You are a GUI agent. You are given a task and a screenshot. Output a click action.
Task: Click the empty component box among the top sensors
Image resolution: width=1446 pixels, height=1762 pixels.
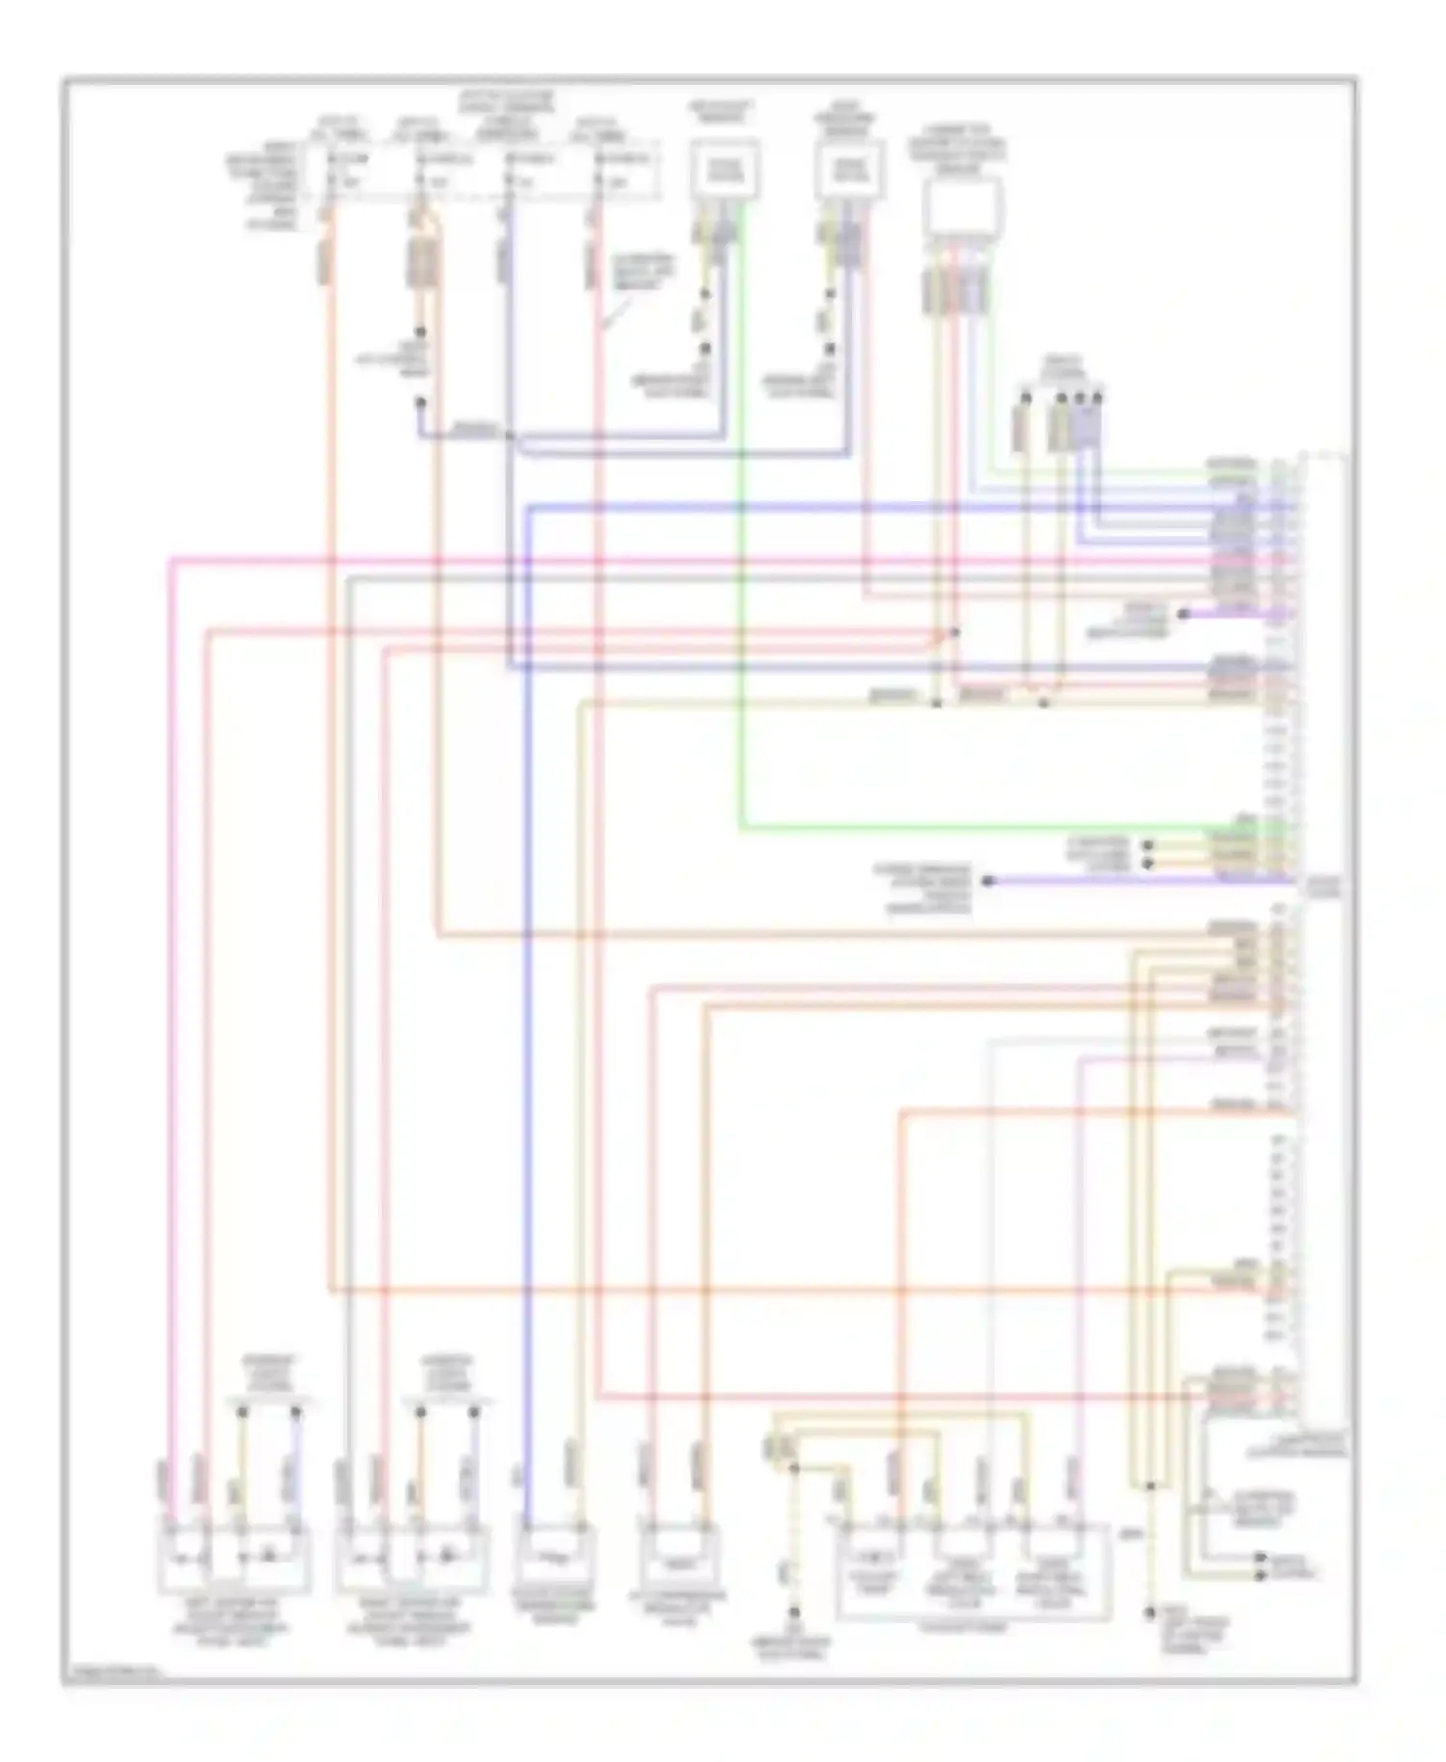(x=961, y=206)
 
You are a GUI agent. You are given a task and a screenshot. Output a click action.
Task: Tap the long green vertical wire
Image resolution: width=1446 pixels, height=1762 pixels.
(x=740, y=578)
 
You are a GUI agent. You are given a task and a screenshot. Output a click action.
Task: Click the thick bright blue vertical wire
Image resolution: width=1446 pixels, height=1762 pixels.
(x=527, y=964)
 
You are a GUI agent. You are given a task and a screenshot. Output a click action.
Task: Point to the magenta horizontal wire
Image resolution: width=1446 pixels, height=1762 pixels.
(x=675, y=558)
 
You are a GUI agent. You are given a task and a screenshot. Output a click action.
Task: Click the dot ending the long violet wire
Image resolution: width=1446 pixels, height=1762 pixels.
(x=987, y=880)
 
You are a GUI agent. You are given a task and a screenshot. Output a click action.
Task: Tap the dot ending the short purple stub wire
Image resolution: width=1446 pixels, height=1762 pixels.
(x=1184, y=614)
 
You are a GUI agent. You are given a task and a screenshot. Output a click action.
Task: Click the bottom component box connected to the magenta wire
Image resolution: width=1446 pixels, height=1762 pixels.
(x=233, y=1558)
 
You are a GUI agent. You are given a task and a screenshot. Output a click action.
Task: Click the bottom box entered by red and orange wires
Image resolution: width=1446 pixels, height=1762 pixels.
(x=678, y=1558)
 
